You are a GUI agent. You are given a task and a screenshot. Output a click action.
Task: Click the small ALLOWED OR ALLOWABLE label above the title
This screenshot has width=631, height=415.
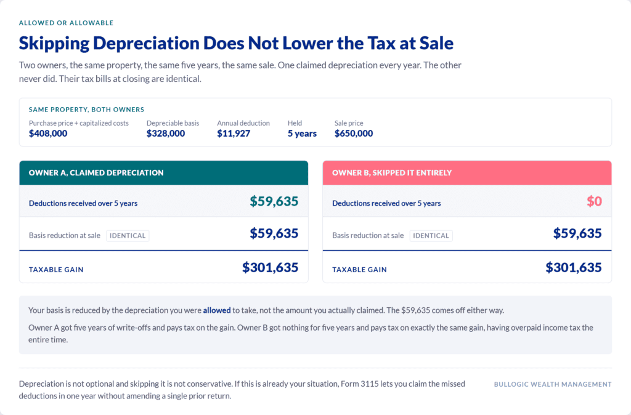(66, 23)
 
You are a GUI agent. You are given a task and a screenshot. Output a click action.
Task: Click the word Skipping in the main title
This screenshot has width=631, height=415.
(54, 44)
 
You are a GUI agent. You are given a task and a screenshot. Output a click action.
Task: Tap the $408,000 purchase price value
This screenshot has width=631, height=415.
(48, 134)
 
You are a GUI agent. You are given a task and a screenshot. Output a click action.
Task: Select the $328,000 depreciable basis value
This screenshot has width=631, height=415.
(165, 134)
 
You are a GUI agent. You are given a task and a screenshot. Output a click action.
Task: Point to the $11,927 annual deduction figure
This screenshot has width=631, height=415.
(234, 134)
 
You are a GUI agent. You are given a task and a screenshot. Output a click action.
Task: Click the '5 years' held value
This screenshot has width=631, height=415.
(302, 134)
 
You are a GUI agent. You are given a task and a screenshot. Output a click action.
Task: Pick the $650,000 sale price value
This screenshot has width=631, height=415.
(353, 134)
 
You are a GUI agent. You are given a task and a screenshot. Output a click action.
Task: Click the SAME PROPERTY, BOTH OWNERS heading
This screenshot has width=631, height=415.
(86, 110)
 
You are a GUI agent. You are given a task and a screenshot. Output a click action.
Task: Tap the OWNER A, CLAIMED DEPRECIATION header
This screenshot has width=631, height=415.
(96, 173)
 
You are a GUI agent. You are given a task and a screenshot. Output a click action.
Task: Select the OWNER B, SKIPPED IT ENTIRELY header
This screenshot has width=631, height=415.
(392, 173)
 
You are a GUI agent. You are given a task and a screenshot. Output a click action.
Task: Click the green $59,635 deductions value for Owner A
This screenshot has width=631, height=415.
(274, 201)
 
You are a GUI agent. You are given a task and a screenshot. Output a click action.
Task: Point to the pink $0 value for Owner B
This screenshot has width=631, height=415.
(594, 201)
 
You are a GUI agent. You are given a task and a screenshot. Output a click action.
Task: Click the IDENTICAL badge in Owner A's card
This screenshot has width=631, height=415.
(128, 236)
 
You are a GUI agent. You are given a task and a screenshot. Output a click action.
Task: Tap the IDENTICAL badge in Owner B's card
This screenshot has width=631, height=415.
(431, 236)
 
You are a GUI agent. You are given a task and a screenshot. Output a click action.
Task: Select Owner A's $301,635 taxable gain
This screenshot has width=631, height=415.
(270, 267)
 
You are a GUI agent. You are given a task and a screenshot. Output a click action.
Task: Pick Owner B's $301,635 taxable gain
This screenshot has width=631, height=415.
(574, 267)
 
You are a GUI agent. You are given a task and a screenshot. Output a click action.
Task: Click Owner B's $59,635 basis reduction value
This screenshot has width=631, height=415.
(577, 233)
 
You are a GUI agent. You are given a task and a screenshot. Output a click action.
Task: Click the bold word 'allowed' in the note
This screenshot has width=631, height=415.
(217, 310)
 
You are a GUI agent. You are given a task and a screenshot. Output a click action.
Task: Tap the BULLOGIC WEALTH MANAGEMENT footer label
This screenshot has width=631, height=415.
(553, 384)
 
